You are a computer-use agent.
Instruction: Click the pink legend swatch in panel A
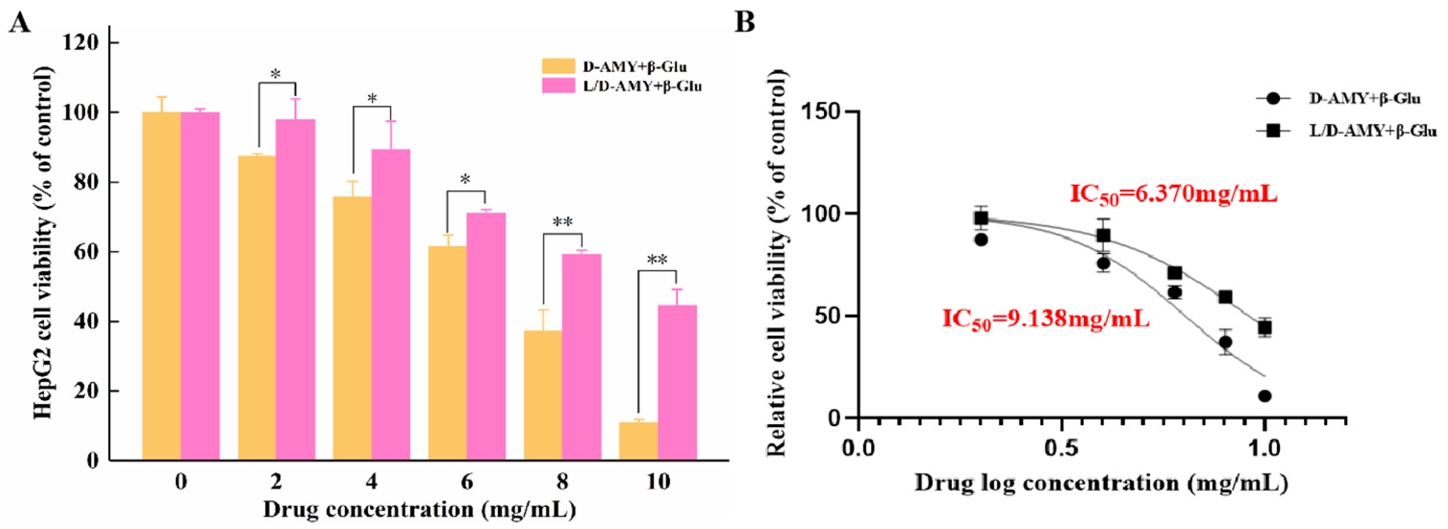click(x=558, y=86)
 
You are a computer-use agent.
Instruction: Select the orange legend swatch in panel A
click(x=558, y=66)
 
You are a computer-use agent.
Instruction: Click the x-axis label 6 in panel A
click(x=466, y=482)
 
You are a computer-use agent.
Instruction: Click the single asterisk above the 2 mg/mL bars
click(x=275, y=74)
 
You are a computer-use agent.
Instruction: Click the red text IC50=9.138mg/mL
click(x=1046, y=319)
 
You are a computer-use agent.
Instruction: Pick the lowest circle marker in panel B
click(x=1265, y=396)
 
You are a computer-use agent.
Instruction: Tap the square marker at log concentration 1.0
click(x=1265, y=328)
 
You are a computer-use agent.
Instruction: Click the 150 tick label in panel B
click(x=821, y=112)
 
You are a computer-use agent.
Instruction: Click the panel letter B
click(x=745, y=22)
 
